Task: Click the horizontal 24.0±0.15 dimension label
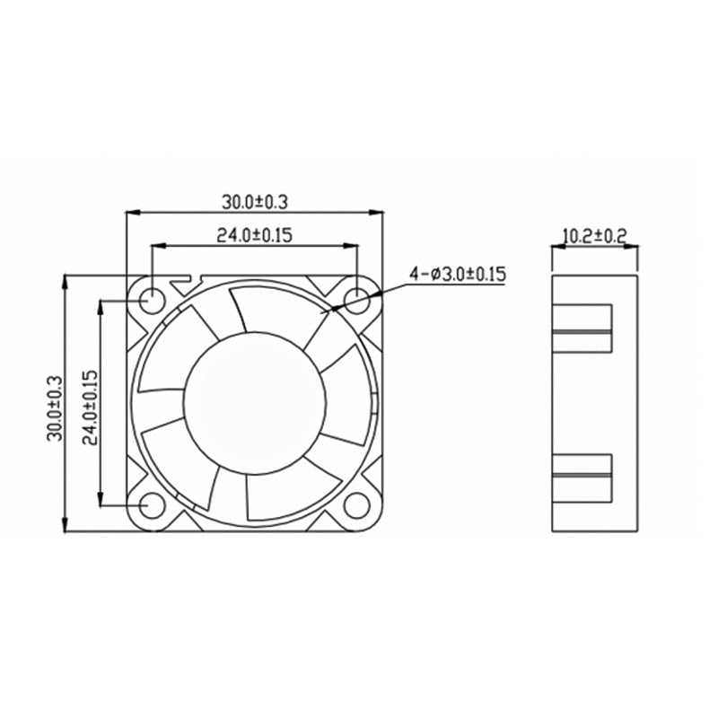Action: click(254, 235)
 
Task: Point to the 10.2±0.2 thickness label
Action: click(593, 236)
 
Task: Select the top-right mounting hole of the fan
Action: click(356, 300)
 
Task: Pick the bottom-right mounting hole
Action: click(356, 505)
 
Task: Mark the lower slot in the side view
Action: click(582, 475)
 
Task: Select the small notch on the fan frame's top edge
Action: click(189, 279)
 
